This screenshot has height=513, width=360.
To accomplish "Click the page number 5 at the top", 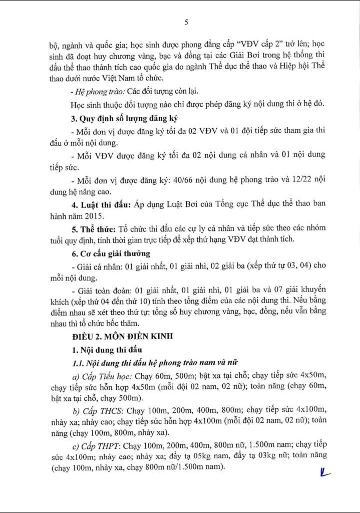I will coord(186,22).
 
